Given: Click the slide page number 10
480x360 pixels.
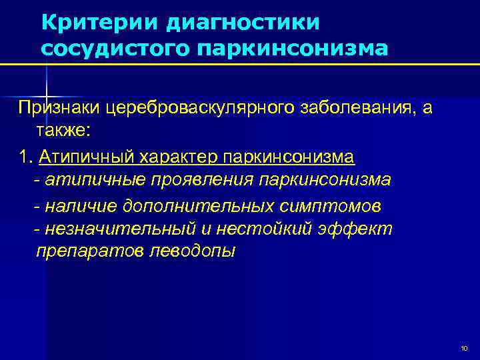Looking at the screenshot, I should [464, 349].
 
